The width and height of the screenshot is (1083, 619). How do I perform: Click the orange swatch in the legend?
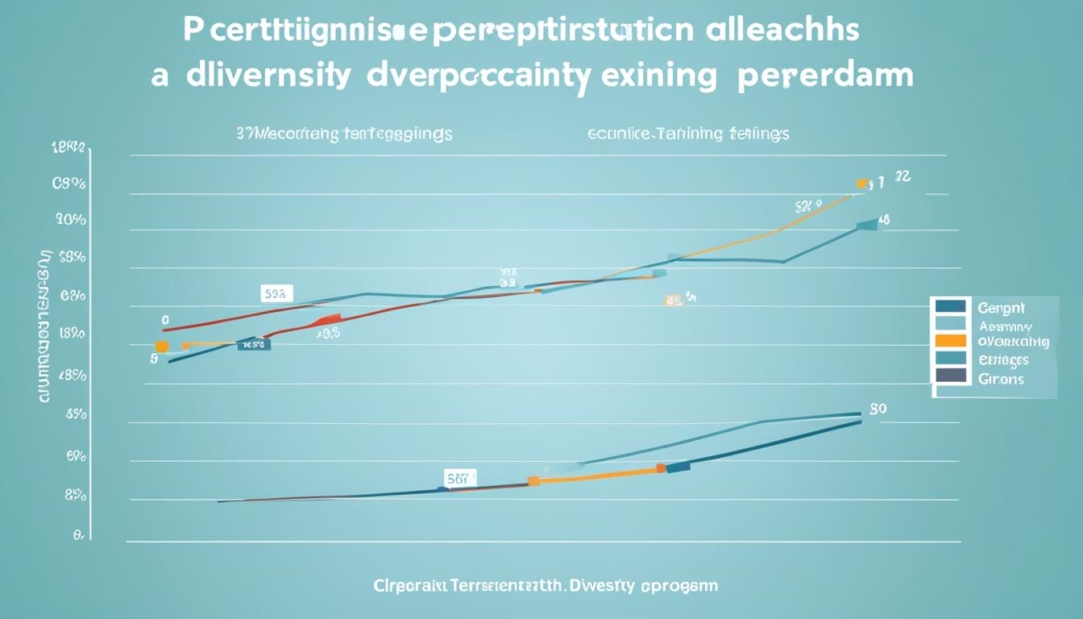pyautogui.click(x=951, y=340)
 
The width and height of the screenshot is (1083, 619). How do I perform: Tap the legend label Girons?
pyautogui.click(x=1000, y=378)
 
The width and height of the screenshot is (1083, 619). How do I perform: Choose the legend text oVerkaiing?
pyautogui.click(x=1013, y=342)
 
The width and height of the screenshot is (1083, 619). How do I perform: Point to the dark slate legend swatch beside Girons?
pyautogui.click(x=951, y=376)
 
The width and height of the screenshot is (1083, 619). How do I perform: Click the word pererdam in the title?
pyautogui.click(x=831, y=76)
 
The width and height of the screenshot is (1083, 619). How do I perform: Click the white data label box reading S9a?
pyautogui.click(x=276, y=293)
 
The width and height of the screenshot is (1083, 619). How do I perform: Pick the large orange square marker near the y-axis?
pyautogui.click(x=161, y=347)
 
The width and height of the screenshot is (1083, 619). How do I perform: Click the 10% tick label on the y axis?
pyautogui.click(x=70, y=220)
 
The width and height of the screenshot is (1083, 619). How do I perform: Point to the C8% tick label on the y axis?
pyautogui.click(x=69, y=184)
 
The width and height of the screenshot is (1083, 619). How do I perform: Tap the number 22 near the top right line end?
pyautogui.click(x=902, y=177)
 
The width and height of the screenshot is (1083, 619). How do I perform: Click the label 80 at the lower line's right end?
pyautogui.click(x=878, y=409)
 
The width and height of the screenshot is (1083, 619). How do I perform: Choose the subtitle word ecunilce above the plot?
pyautogui.click(x=620, y=133)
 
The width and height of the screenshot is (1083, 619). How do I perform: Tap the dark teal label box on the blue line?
pyautogui.click(x=254, y=344)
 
